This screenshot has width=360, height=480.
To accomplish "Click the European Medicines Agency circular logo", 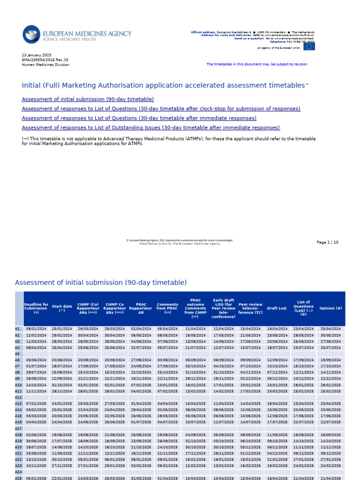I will (31, 35).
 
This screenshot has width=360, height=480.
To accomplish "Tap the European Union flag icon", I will (309, 46).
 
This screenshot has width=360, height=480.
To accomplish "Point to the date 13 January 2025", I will (37, 55).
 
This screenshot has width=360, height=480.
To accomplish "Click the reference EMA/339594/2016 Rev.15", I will (45, 60).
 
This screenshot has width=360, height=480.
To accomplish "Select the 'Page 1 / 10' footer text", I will (327, 242).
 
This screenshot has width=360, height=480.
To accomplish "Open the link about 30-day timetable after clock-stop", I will (161, 109).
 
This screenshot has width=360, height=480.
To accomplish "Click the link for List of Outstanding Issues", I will (150, 127).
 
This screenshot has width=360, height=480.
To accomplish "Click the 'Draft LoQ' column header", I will (277, 308).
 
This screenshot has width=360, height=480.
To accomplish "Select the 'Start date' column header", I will (62, 308).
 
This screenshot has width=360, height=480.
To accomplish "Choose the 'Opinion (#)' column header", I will (330, 308).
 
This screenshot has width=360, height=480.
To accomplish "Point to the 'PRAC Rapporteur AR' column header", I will (141, 308).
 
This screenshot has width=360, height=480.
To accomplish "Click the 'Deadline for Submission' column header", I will (36, 308).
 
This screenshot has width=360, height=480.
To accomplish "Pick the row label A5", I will (18, 354).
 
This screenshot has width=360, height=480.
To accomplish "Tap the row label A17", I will (18, 428).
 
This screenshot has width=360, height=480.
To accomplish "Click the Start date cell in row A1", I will (62, 329).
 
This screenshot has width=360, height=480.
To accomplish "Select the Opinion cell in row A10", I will (330, 385).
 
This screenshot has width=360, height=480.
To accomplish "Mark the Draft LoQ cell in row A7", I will (277, 366).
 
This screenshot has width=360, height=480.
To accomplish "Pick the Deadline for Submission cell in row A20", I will (36, 447).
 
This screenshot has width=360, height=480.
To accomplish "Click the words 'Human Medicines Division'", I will (45, 65).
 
